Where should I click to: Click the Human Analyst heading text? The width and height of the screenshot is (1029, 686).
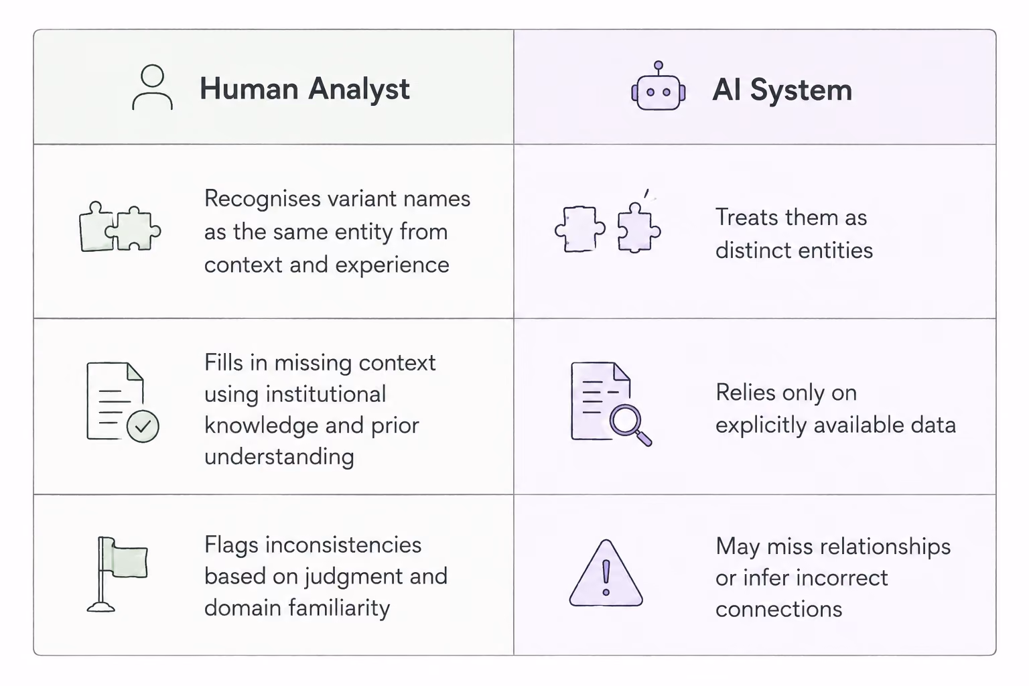(305, 89)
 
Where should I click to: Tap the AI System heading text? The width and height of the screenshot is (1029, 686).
(782, 90)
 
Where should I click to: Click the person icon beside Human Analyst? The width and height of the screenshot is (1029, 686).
(153, 87)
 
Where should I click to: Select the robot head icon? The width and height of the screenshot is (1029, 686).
(659, 86)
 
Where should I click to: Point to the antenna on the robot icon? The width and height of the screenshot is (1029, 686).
(659, 68)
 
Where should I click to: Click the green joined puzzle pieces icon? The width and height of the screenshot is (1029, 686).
(120, 226)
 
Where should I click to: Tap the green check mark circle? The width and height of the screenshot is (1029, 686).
(143, 426)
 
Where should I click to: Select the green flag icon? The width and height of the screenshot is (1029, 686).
(118, 574)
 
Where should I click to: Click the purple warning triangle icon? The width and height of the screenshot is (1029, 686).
(606, 573)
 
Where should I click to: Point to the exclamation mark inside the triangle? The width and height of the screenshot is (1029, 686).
(606, 577)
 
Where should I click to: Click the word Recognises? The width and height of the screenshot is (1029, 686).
(263, 200)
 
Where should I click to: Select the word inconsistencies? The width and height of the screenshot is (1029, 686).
(343, 545)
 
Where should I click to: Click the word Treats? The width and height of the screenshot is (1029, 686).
(745, 217)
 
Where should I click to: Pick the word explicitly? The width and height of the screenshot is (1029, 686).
(761, 425)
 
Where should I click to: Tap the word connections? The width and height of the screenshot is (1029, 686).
(778, 609)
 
